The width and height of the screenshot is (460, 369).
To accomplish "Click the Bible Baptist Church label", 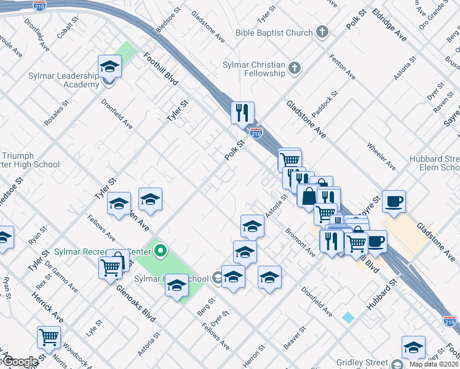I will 274,32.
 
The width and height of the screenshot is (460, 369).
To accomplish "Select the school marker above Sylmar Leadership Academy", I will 109,66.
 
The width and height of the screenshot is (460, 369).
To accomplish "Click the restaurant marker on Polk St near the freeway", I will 242,113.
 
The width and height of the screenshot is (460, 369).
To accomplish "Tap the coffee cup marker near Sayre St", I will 394,200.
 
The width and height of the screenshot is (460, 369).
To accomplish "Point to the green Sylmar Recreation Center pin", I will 161,250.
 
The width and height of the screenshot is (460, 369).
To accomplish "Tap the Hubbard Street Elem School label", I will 435,163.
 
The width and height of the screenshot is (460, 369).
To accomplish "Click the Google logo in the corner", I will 21,362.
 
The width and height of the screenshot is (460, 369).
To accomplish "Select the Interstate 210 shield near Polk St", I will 256,132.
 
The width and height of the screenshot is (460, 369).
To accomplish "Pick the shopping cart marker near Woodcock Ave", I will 49,337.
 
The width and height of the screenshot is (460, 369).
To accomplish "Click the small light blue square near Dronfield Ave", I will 348,317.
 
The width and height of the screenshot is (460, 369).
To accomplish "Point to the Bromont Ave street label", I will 299,244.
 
